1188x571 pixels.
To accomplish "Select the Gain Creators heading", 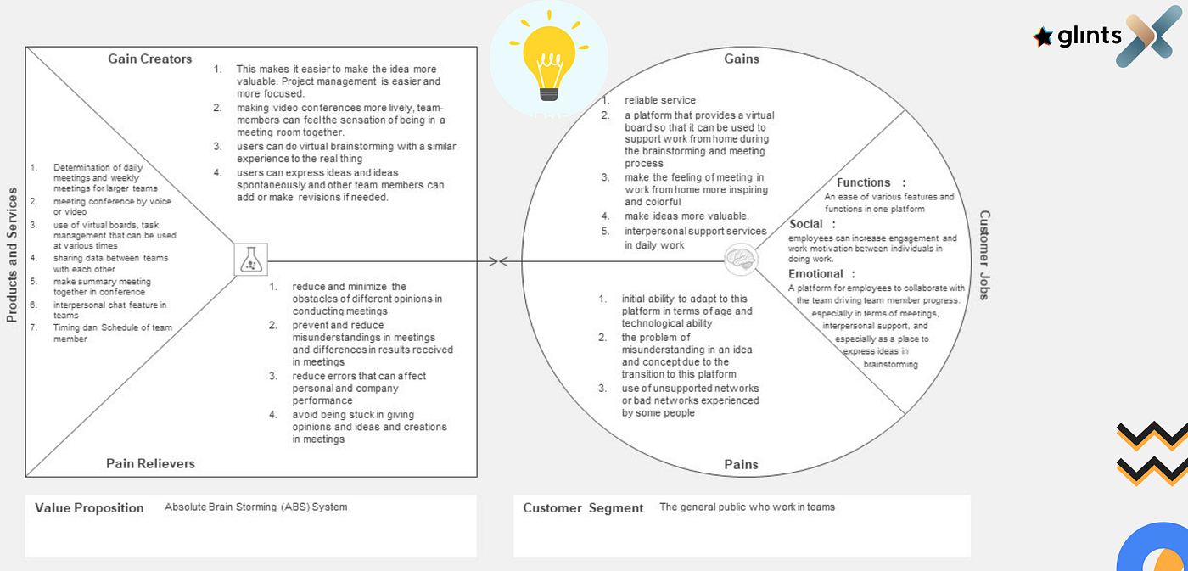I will tap(150, 59).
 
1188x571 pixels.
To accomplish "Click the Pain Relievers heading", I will tap(150, 463).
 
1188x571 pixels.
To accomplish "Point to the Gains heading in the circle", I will tap(741, 59).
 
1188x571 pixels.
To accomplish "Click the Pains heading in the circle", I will tap(741, 464).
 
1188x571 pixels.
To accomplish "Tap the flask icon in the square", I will tap(250, 260).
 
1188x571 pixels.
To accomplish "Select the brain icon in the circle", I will tap(741, 260).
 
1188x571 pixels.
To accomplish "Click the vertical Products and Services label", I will tap(12, 255).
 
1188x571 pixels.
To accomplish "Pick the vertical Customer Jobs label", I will tap(984, 255).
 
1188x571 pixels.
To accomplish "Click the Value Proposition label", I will tap(89, 508).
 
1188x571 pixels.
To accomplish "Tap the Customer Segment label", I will tap(583, 508).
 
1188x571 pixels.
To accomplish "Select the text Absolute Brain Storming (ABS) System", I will tap(255, 507).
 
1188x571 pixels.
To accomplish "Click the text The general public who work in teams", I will tap(747, 507).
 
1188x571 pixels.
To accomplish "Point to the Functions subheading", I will tap(864, 182).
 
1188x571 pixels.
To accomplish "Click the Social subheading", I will tap(807, 224).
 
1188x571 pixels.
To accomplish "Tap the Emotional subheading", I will tap(816, 274).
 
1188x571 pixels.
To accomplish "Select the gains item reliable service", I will tap(660, 101).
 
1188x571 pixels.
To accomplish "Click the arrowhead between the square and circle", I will tap(503, 261).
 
